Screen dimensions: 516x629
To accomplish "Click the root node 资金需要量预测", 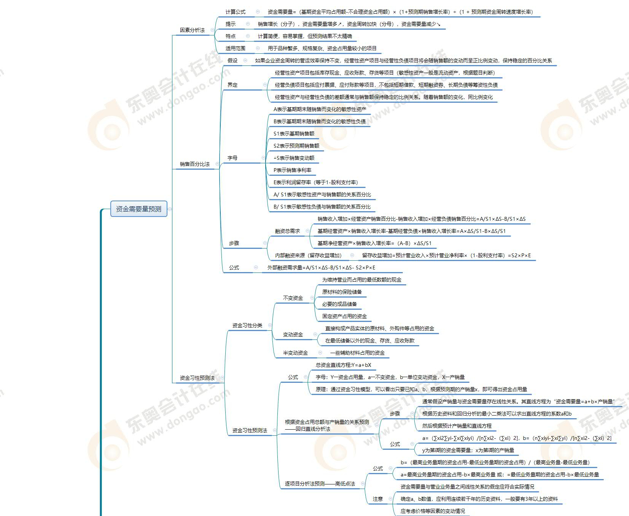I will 139,209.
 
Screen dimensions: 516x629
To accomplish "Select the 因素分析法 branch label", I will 192,30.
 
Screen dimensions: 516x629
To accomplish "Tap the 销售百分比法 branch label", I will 194,164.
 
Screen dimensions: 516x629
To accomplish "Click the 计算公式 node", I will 235,12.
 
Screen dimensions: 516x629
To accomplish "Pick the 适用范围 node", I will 235,48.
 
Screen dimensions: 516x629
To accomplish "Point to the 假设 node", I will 232,61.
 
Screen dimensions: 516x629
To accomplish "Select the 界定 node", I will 232,85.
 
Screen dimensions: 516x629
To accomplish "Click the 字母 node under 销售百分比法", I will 232,158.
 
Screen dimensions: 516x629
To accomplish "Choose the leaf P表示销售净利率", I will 292,170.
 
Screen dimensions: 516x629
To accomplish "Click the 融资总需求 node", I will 287,231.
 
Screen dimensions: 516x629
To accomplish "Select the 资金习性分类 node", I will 247,325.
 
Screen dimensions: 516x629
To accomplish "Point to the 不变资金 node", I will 293,298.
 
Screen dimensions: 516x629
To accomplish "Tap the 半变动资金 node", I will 295,353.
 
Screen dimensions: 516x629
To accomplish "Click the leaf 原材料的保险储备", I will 342,292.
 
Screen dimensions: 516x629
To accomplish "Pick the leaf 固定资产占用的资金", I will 344,316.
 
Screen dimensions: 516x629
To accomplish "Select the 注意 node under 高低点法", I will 377,499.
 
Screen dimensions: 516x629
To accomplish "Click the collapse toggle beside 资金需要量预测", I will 170,209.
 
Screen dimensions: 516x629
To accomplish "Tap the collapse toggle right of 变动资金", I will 315,334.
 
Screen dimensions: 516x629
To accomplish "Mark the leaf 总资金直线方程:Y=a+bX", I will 343,365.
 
